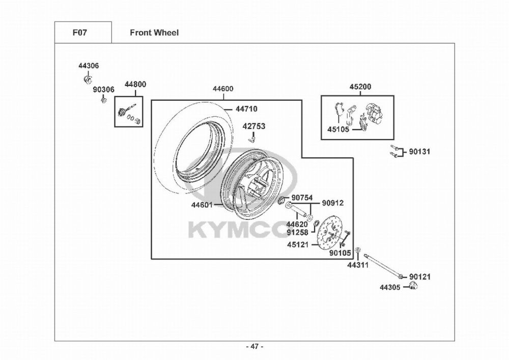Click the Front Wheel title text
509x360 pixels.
click(154, 33)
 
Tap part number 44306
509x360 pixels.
click(89, 66)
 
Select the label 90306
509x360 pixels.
click(103, 90)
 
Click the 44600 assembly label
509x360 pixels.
click(223, 89)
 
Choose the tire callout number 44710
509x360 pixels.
click(246, 108)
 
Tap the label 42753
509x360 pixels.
click(253, 126)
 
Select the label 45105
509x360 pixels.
click(338, 129)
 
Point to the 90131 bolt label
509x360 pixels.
click(419, 151)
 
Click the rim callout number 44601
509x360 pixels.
click(202, 205)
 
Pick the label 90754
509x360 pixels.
click(302, 198)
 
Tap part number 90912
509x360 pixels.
click(333, 203)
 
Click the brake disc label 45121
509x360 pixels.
click(298, 244)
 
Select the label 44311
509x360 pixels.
click(358, 265)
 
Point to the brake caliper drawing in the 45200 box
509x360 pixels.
click(375, 113)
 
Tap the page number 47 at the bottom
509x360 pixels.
click(254, 347)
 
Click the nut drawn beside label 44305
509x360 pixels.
click(413, 288)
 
